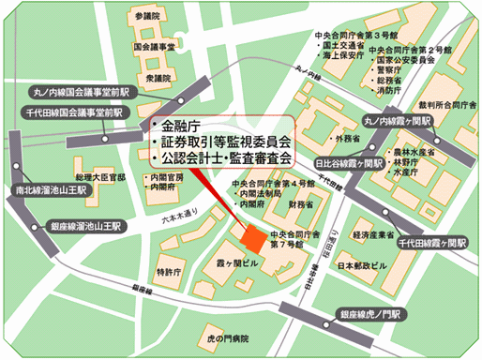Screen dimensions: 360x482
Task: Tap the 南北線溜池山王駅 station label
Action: tap(51, 189)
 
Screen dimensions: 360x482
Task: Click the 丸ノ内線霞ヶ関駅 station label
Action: tap(398, 122)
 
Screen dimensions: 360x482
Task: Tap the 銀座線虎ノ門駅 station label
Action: tap(371, 314)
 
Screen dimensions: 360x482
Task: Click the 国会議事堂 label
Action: tap(156, 45)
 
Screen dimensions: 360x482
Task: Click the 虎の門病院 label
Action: tap(228, 337)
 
